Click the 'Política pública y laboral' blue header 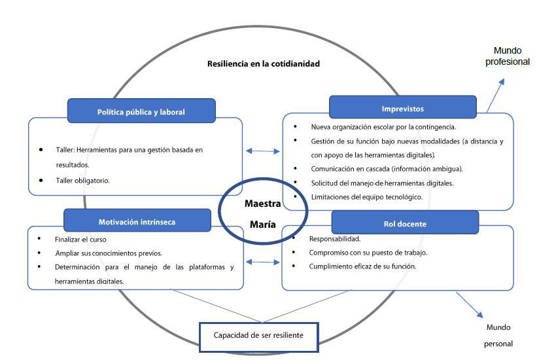[141, 111]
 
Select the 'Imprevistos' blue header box [402, 109]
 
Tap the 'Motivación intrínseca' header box [137, 221]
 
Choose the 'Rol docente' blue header [404, 223]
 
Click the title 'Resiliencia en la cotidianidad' [264, 64]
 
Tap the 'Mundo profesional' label [508, 56]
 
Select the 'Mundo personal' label [498, 335]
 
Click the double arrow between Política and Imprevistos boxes [262, 151]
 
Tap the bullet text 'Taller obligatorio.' [83, 180]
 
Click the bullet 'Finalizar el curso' [82, 240]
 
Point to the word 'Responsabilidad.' [334, 239]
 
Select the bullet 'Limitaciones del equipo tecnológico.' [366, 197]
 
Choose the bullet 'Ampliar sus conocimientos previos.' [109, 253]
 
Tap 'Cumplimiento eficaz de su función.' [362, 266]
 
